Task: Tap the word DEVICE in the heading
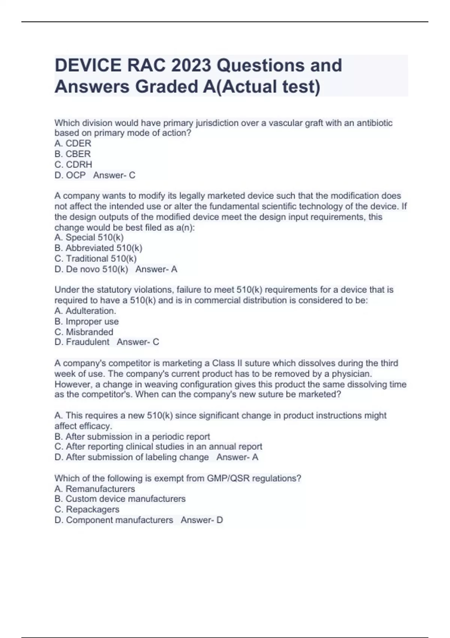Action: (x=88, y=65)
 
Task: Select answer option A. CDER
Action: (x=73, y=143)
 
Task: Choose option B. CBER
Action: (x=72, y=154)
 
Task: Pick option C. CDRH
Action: (x=73, y=164)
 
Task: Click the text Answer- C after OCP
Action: (x=114, y=175)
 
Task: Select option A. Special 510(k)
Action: (x=89, y=237)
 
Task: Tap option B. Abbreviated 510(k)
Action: (x=98, y=248)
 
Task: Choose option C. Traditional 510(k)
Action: (x=95, y=259)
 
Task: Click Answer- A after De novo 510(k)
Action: (x=156, y=269)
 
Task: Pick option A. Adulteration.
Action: (x=85, y=311)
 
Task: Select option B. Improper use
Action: (x=86, y=321)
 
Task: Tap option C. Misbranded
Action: (x=84, y=332)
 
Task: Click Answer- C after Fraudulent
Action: (x=138, y=342)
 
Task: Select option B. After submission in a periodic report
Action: (x=132, y=436)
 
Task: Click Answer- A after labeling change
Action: (x=237, y=457)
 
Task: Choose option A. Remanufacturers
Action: (x=94, y=489)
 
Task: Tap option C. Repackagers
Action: (x=87, y=509)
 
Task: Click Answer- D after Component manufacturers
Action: (x=201, y=520)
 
